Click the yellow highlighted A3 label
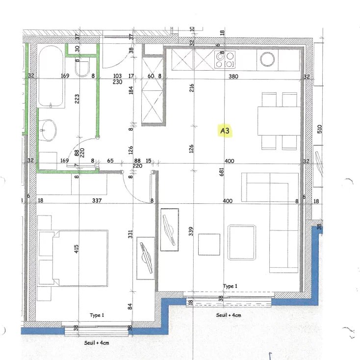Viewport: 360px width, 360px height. click(225, 131)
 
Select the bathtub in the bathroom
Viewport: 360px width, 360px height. click(51, 76)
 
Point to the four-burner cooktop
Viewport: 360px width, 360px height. click(225, 59)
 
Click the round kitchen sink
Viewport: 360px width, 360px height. click(268, 59)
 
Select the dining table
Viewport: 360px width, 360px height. click(279, 120)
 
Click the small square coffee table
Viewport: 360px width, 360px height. click(209, 245)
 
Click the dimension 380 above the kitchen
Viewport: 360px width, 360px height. click(233, 77)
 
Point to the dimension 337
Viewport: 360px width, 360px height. click(97, 200)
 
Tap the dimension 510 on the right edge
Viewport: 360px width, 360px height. click(319, 129)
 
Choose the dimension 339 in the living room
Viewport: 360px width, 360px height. click(191, 230)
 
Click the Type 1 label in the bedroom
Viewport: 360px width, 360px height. click(97, 315)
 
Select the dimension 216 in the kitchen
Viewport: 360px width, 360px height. click(191, 88)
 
